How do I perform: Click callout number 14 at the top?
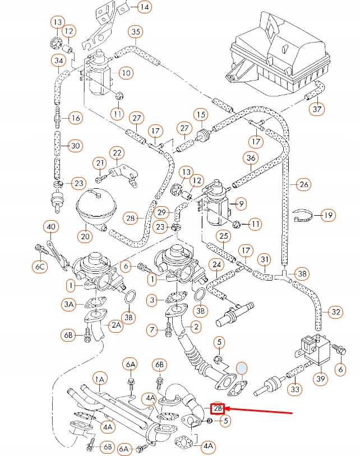[x=145, y=7]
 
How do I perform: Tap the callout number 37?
[x=317, y=109]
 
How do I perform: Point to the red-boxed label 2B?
[x=217, y=408]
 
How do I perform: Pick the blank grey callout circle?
[x=242, y=367]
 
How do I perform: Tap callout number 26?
[x=304, y=184]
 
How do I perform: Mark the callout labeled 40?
[x=52, y=227]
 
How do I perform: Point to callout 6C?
[x=40, y=268]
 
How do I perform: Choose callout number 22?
[x=117, y=152]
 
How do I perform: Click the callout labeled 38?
[x=302, y=273]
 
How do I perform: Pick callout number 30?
[x=75, y=146]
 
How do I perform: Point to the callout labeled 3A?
[x=68, y=304]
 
